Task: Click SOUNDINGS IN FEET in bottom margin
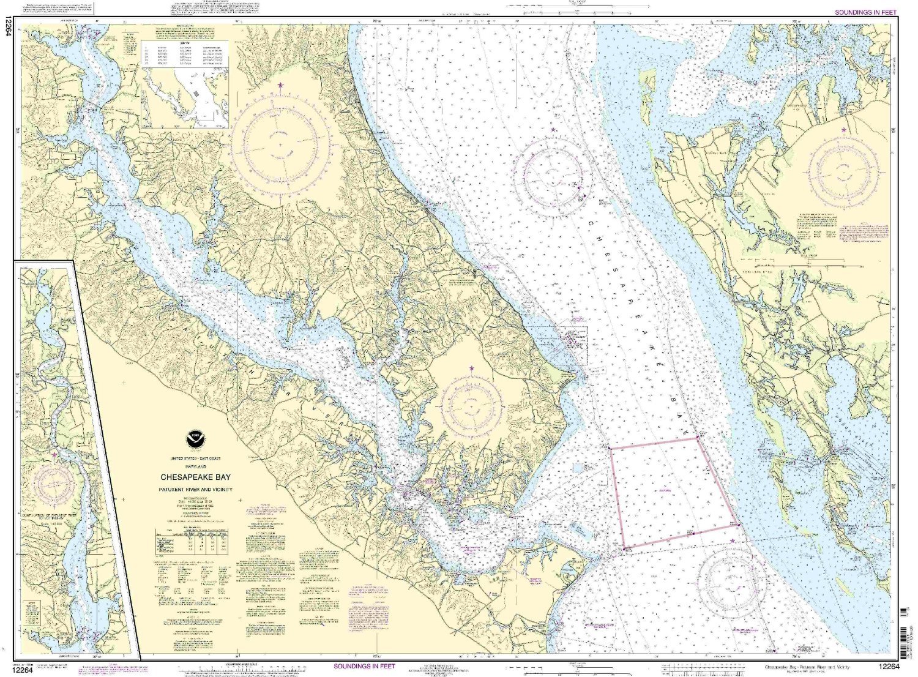[x=365, y=666]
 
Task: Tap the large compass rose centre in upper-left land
[x=280, y=146]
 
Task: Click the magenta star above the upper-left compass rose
[x=280, y=84]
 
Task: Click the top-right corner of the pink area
[x=698, y=438]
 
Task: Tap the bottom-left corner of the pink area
[x=624, y=548]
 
